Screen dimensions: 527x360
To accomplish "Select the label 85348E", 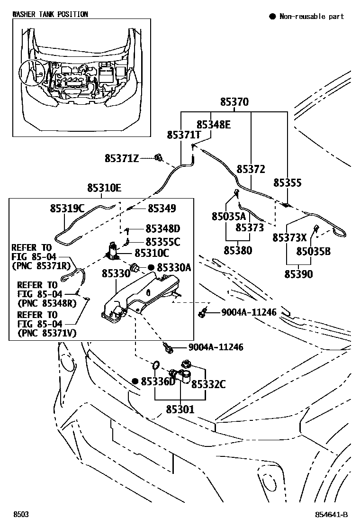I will [x=213, y=125].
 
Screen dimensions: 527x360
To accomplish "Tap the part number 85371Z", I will [x=122, y=158].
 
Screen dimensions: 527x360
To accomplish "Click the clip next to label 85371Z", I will [x=158, y=157].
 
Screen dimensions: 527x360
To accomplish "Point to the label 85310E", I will [x=104, y=189].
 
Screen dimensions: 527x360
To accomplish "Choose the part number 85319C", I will [x=67, y=208].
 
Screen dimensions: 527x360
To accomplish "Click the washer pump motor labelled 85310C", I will [x=113, y=251].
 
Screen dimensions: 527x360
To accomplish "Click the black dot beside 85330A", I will [x=151, y=268].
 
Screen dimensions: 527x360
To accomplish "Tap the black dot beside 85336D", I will [x=135, y=381].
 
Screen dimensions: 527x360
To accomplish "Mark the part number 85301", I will [x=180, y=409].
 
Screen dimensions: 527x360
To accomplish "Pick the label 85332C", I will [x=208, y=384].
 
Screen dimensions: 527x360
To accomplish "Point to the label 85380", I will [x=238, y=250].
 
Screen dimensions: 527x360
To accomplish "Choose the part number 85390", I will [x=298, y=274].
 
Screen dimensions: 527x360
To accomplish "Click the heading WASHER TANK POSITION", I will [x=50, y=14].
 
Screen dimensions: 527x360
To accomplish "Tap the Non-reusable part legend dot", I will [x=272, y=17].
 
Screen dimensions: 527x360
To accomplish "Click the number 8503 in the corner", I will [x=20, y=514].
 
